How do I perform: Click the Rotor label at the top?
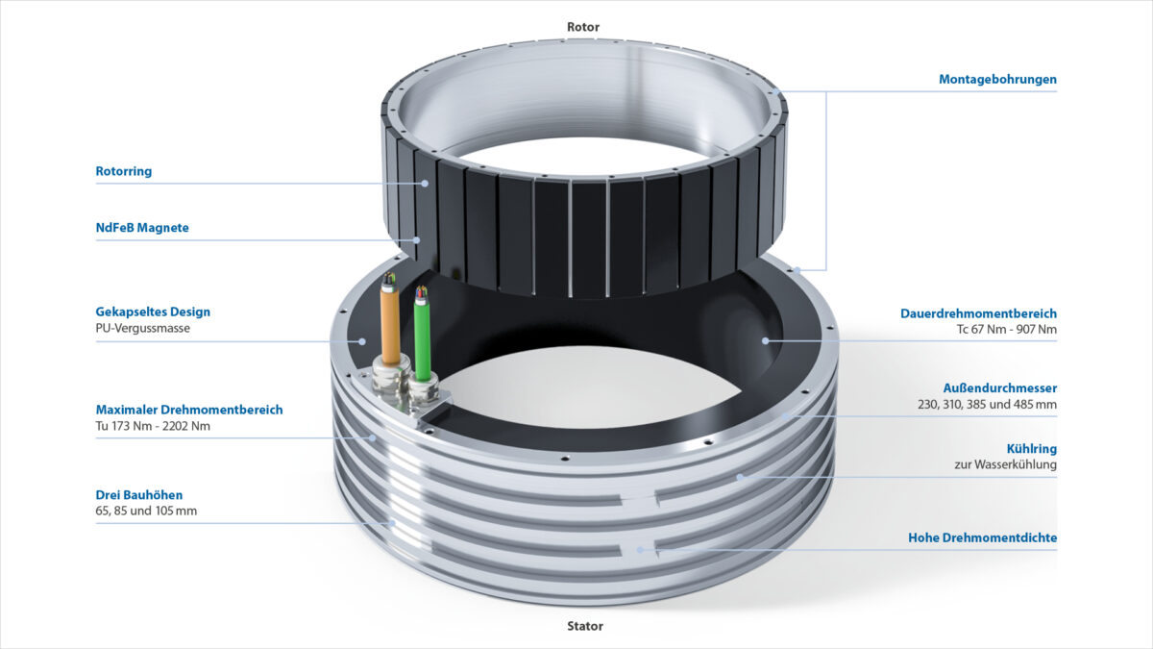point(583,27)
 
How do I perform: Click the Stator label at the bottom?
point(585,626)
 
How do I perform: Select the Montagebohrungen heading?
point(997,79)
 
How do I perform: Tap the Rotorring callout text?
point(124,171)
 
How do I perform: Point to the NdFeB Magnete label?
point(142,228)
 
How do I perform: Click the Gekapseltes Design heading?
point(153,312)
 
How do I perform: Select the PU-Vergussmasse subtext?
point(142,328)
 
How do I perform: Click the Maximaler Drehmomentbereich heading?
point(189,410)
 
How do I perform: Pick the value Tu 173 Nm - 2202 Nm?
point(153,426)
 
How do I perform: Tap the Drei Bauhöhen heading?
point(139,495)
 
